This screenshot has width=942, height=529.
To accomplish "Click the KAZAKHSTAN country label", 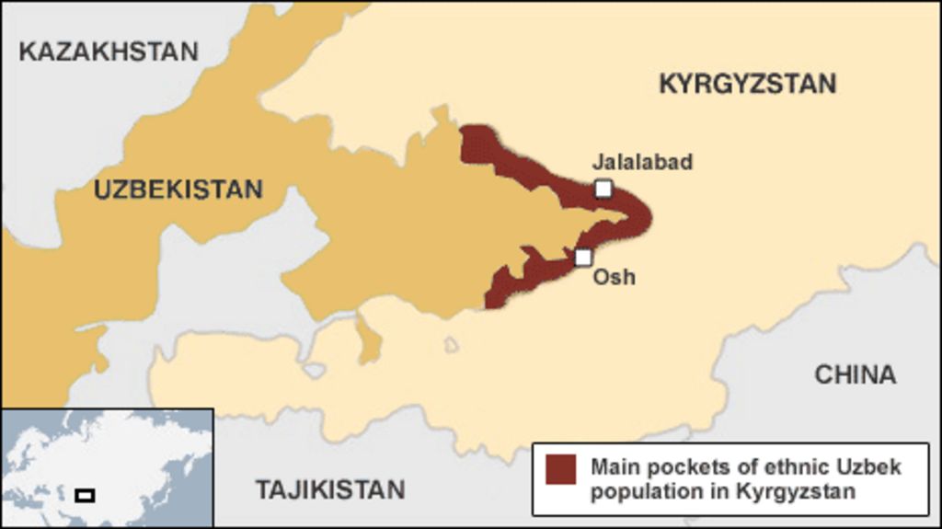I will tap(109, 51).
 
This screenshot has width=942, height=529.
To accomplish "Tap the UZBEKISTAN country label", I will tap(178, 190).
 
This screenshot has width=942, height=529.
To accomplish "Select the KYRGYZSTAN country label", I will tap(747, 84).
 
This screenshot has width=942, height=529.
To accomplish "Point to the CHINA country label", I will tap(855, 374).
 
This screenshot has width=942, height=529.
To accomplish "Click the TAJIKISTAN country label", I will tap(330, 489).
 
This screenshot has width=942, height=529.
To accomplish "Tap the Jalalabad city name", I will tap(642, 163).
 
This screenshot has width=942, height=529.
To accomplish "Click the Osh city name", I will tap(614, 276).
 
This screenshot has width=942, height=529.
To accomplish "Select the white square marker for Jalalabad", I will tap(603, 189).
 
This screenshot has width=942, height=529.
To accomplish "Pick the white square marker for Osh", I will tap(583, 257).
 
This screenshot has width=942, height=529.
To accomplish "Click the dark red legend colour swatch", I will tap(559, 468).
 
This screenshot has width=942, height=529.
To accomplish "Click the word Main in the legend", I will tap(615, 466).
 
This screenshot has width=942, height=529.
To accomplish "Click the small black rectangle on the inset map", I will tap(85, 495).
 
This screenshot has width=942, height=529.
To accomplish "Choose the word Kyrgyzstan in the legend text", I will tap(796, 490).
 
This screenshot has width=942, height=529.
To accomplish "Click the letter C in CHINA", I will tap(823, 374).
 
